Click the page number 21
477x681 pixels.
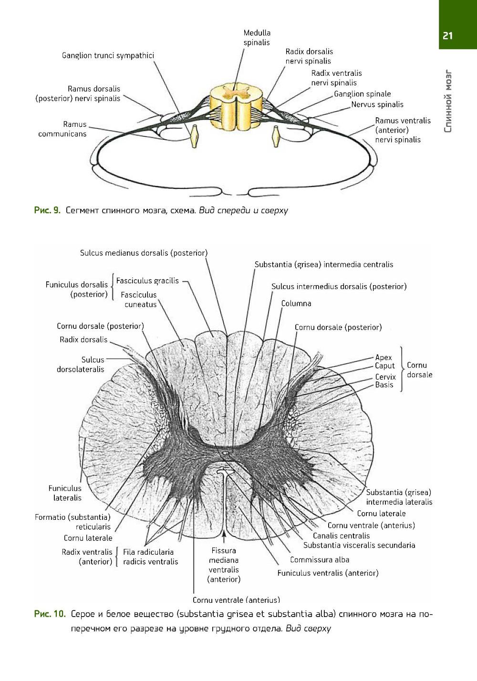click(447, 36)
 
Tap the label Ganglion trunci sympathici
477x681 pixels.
click(108, 56)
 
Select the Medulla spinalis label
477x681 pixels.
click(257, 38)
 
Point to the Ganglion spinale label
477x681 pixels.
click(362, 94)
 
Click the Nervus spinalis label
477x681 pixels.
click(377, 104)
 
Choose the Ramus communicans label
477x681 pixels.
click(62, 129)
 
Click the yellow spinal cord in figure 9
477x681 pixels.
click(235, 107)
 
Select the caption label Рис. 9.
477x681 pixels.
click(47, 210)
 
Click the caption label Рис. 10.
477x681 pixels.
click(49, 614)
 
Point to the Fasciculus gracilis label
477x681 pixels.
click(147, 280)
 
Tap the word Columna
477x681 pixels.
click(296, 303)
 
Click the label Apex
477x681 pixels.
click(384, 357)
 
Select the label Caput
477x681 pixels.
click(385, 366)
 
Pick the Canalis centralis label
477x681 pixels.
click(341, 536)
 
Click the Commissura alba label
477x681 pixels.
click(320, 559)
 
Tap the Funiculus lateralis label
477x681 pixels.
click(65, 493)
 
